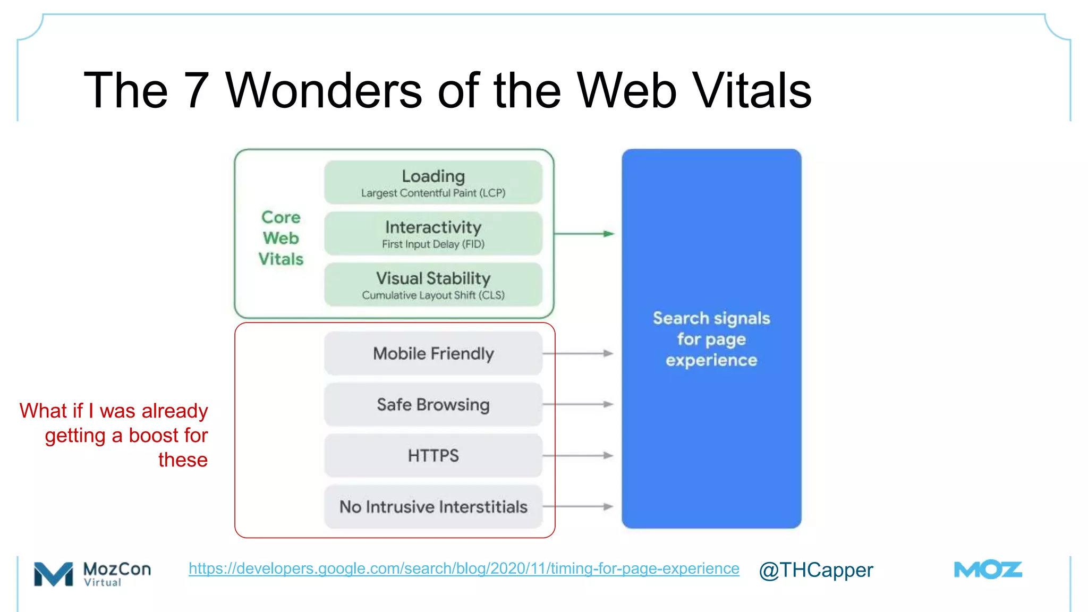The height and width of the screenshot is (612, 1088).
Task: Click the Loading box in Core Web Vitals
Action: (x=433, y=182)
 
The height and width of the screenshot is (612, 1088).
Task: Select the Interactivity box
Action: (x=433, y=233)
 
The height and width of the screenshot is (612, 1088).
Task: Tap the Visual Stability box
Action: (x=433, y=284)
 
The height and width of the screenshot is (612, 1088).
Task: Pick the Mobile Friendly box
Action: (x=433, y=353)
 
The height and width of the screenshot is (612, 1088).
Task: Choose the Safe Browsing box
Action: (x=433, y=404)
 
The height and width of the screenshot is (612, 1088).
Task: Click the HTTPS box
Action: (x=433, y=455)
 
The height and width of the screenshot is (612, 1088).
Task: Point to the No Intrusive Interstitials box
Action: (x=433, y=506)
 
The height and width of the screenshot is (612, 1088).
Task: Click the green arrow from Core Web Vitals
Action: (x=584, y=233)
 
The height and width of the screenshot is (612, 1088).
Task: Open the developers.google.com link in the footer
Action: (x=464, y=568)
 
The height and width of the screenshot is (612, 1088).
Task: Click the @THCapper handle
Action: (x=815, y=570)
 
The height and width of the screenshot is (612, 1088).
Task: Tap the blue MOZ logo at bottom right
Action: (x=988, y=570)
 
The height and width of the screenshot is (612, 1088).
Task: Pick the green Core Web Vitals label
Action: (x=281, y=238)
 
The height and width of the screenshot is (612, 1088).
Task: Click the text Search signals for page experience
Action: (x=711, y=339)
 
